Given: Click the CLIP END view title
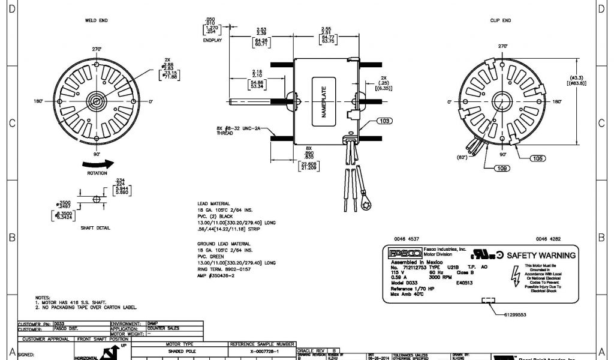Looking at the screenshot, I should pos(500,20).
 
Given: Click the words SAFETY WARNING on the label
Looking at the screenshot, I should pos(541,255).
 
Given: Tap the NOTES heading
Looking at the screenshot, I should pos(43,297).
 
